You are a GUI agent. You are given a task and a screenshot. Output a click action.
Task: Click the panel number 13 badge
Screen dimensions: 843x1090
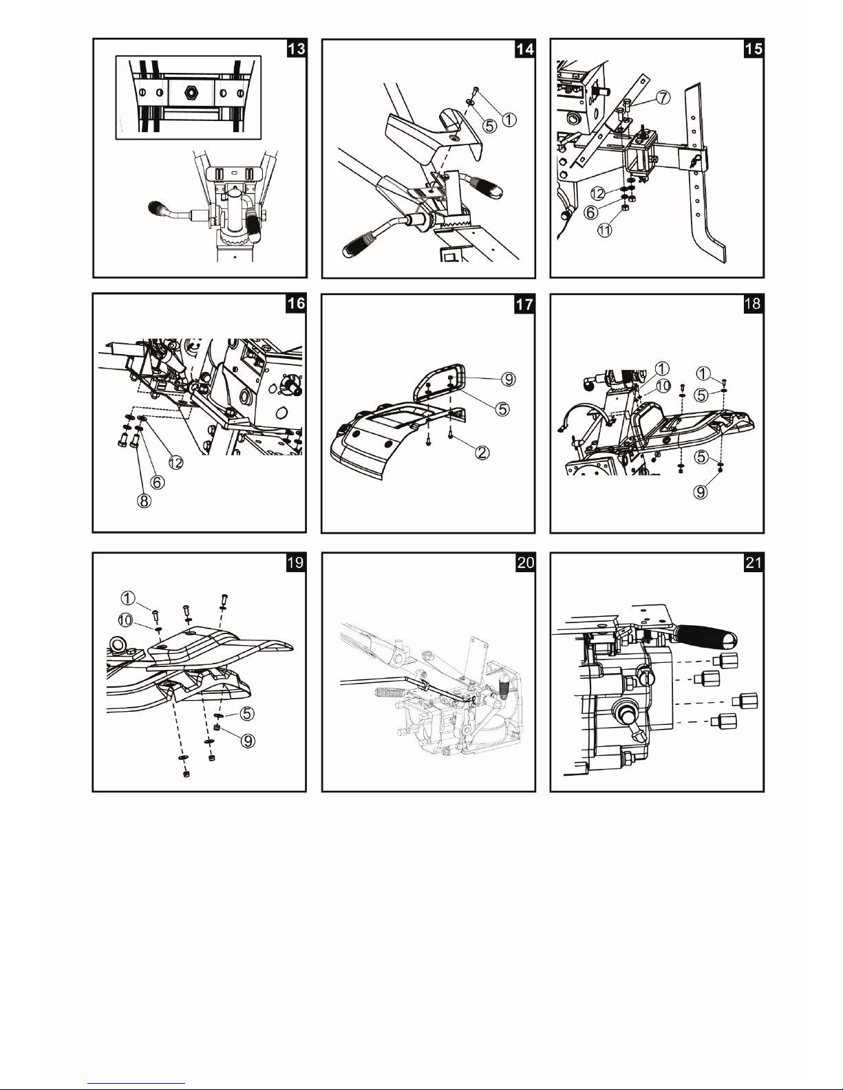pyautogui.click(x=296, y=49)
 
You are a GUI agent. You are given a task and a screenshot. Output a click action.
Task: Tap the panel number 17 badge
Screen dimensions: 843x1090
pyautogui.click(x=524, y=304)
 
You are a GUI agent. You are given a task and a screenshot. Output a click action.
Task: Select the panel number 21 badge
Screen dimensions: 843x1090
pyautogui.click(x=753, y=563)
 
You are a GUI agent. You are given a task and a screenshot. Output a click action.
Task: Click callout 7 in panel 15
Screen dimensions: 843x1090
pyautogui.click(x=663, y=98)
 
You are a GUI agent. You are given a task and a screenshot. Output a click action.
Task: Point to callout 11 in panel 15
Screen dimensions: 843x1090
pyautogui.click(x=605, y=230)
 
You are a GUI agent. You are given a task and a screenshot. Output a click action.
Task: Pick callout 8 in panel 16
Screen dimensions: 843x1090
pyautogui.click(x=144, y=501)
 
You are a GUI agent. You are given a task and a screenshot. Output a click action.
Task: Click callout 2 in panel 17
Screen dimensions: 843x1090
pyautogui.click(x=482, y=453)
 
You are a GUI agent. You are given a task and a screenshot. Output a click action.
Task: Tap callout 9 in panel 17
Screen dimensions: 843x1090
pyautogui.click(x=509, y=379)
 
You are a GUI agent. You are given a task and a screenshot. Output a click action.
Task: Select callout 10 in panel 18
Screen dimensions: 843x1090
pyautogui.click(x=663, y=386)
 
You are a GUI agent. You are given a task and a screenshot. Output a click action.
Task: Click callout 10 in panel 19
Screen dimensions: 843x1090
pyautogui.click(x=125, y=620)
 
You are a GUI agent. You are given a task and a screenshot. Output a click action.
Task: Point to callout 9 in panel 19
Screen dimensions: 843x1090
pyautogui.click(x=248, y=741)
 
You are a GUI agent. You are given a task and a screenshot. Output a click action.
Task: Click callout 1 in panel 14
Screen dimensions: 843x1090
pyautogui.click(x=509, y=120)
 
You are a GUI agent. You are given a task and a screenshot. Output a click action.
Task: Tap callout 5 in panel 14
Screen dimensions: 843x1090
pyautogui.click(x=490, y=125)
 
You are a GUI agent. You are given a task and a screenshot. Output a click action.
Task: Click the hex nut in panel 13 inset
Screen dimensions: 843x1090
pyautogui.click(x=190, y=92)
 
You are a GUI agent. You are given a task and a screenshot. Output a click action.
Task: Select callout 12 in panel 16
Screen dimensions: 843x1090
pyautogui.click(x=175, y=463)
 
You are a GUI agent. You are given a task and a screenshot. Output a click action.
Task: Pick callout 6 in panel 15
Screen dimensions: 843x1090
pyautogui.click(x=591, y=212)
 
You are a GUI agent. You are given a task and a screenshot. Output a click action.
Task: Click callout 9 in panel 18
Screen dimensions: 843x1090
pyautogui.click(x=701, y=492)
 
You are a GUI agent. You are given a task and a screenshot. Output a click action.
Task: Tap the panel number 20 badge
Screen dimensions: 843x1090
pyautogui.click(x=525, y=563)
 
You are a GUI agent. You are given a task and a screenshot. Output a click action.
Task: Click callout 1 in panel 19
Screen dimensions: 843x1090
pyautogui.click(x=128, y=598)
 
